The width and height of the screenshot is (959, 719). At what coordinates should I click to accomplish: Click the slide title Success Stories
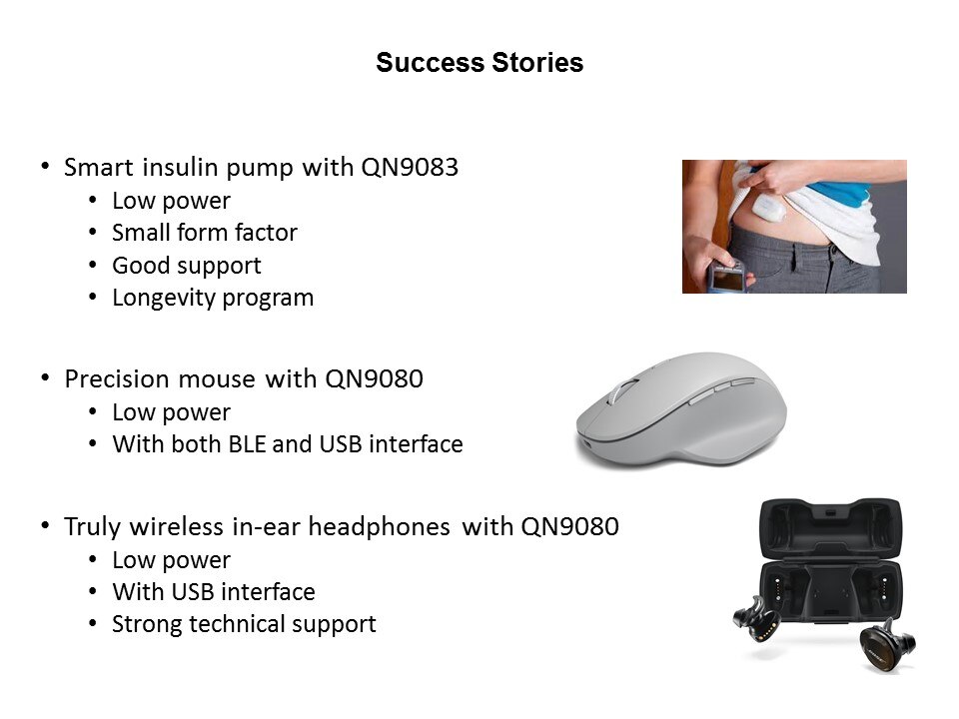click(479, 62)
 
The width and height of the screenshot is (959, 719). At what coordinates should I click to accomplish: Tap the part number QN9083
click(410, 167)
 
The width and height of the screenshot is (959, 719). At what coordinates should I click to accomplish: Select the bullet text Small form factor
click(204, 233)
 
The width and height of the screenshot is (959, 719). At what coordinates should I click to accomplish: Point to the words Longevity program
click(213, 298)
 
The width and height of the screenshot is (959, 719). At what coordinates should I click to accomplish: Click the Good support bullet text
click(187, 266)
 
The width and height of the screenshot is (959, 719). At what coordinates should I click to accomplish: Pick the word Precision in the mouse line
click(118, 379)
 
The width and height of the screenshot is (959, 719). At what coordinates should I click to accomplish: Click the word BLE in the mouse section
click(247, 444)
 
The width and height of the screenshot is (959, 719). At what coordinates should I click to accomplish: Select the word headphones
click(380, 526)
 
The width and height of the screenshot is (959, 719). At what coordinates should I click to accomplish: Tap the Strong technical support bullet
click(244, 624)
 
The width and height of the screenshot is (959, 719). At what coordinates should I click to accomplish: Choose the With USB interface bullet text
click(214, 592)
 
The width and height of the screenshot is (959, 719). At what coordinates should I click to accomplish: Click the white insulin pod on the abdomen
click(769, 208)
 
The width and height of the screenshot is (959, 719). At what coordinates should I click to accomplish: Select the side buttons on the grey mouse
click(721, 391)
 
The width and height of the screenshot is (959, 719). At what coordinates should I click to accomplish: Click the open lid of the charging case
click(830, 529)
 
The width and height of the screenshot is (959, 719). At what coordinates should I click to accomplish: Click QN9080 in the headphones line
click(570, 526)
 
